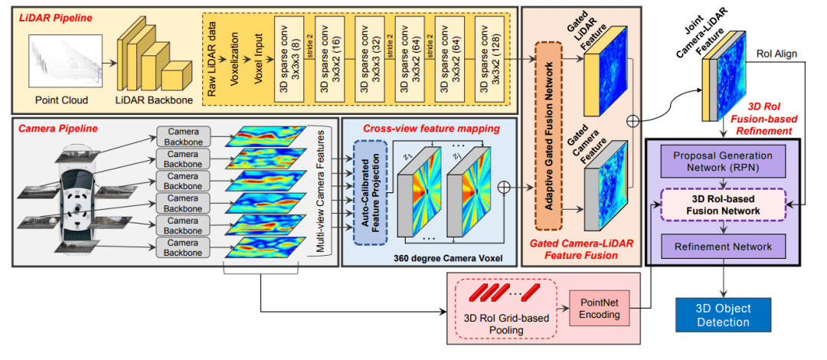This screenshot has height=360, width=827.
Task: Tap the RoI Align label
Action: click(775, 54)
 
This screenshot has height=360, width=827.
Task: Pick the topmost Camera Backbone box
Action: click(183, 137)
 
